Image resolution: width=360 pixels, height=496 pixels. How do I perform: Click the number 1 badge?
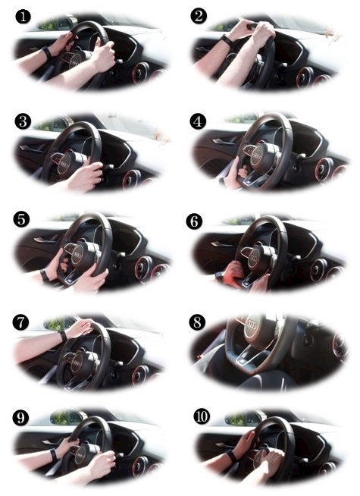tap(23, 16)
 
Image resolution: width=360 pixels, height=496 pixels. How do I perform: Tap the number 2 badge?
tap(199, 16)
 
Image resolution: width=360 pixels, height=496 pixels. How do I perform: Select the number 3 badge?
tap(23, 121)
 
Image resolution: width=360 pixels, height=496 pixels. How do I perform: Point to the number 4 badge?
tap(198, 121)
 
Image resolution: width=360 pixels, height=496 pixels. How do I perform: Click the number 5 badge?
tap(21, 219)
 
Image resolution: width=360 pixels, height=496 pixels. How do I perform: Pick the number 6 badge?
tap(194, 221)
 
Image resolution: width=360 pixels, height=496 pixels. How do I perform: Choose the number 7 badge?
tap(20, 322)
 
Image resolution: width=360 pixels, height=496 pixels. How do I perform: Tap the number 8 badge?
tap(197, 322)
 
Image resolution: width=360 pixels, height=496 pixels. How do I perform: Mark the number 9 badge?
tap(20, 418)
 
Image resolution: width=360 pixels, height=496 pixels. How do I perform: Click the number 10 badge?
tap(202, 416)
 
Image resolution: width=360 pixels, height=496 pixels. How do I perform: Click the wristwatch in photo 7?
tap(63, 335)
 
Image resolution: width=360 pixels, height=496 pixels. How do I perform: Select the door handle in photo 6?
tap(221, 243)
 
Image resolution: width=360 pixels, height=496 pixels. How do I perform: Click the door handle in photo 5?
tap(43, 239)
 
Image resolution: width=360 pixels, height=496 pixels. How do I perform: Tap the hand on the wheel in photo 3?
tap(85, 176)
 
